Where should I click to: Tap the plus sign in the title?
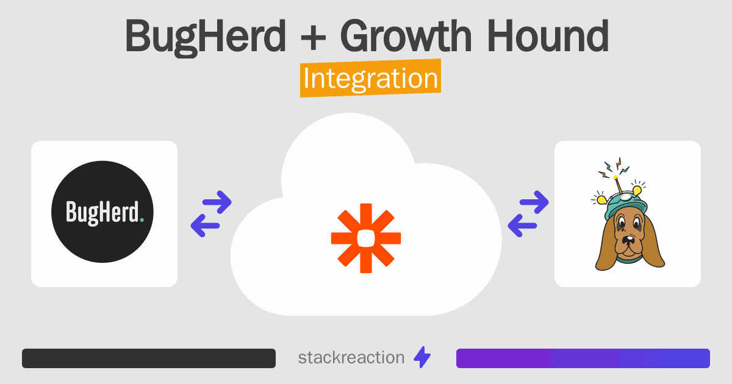click(313, 37)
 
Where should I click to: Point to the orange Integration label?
click(371, 78)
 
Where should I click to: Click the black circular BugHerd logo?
click(102, 212)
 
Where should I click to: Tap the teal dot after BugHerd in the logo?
click(142, 220)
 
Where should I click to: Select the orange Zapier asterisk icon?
click(366, 238)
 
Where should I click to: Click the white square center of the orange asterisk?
click(366, 238)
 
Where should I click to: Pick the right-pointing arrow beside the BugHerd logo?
click(217, 202)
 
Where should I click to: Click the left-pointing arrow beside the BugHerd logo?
click(205, 226)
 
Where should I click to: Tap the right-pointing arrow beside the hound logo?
click(534, 202)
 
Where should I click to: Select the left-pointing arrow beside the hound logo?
click(522, 226)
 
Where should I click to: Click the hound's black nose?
click(628, 240)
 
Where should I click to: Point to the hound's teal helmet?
click(625, 206)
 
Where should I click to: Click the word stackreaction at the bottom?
click(351, 358)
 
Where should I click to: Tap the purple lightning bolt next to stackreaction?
click(422, 357)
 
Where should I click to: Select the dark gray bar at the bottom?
click(149, 358)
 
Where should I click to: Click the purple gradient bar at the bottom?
click(583, 358)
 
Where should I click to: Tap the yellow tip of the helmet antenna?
click(615, 177)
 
